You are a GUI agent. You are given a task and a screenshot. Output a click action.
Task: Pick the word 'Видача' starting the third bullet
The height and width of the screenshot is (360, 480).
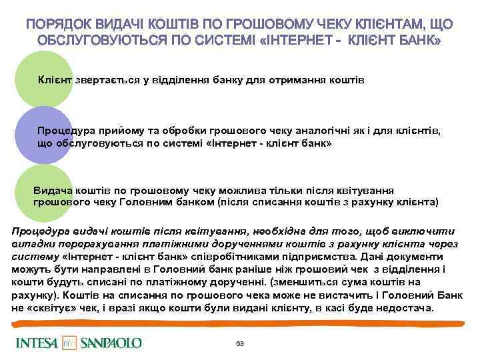coord(53,189)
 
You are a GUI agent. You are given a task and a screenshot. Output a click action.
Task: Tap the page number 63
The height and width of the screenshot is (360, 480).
coord(240,343)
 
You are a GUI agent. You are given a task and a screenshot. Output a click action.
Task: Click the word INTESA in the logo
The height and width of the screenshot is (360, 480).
coord(39,343)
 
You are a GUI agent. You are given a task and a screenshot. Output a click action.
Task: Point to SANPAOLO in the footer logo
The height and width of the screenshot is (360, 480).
coord(111,343)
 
